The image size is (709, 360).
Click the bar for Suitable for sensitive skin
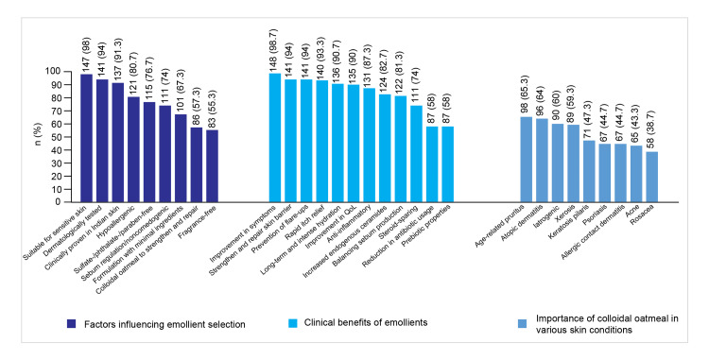86,138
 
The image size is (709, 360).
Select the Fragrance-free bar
212,165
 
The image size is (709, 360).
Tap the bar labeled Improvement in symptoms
275,137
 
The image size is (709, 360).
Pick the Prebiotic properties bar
448,164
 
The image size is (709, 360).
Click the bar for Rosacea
652,177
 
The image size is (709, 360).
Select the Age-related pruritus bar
527,159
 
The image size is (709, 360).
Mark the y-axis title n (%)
39,134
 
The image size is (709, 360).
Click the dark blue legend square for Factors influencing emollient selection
71,324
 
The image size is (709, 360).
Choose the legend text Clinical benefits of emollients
366,322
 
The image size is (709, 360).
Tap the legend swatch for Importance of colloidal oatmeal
522,324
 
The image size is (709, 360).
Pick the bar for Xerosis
574,163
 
